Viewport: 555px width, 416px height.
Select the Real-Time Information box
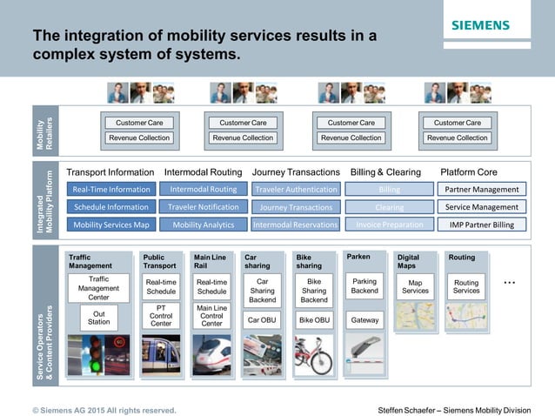point(111,189)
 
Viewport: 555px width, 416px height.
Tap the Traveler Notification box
point(204,207)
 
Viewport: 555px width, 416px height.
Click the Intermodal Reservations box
point(295,225)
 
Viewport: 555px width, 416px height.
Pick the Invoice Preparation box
point(389,225)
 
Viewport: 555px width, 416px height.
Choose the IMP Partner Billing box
point(481,225)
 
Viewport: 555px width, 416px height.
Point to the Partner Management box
point(481,189)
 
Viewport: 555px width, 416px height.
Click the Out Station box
point(98,318)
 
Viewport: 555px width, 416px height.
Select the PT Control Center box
point(161,316)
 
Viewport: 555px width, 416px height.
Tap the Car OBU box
point(262,320)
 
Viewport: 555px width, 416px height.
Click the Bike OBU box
point(314,320)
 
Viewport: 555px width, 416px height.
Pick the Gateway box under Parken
point(364,320)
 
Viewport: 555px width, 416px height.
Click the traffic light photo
point(98,355)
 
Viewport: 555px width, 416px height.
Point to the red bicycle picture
point(314,355)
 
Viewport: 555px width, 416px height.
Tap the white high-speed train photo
point(211,355)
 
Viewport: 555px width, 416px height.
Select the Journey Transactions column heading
point(295,172)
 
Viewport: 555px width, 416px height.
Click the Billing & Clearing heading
point(384,172)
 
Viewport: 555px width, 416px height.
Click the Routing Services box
point(465,287)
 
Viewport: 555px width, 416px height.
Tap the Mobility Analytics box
point(204,225)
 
